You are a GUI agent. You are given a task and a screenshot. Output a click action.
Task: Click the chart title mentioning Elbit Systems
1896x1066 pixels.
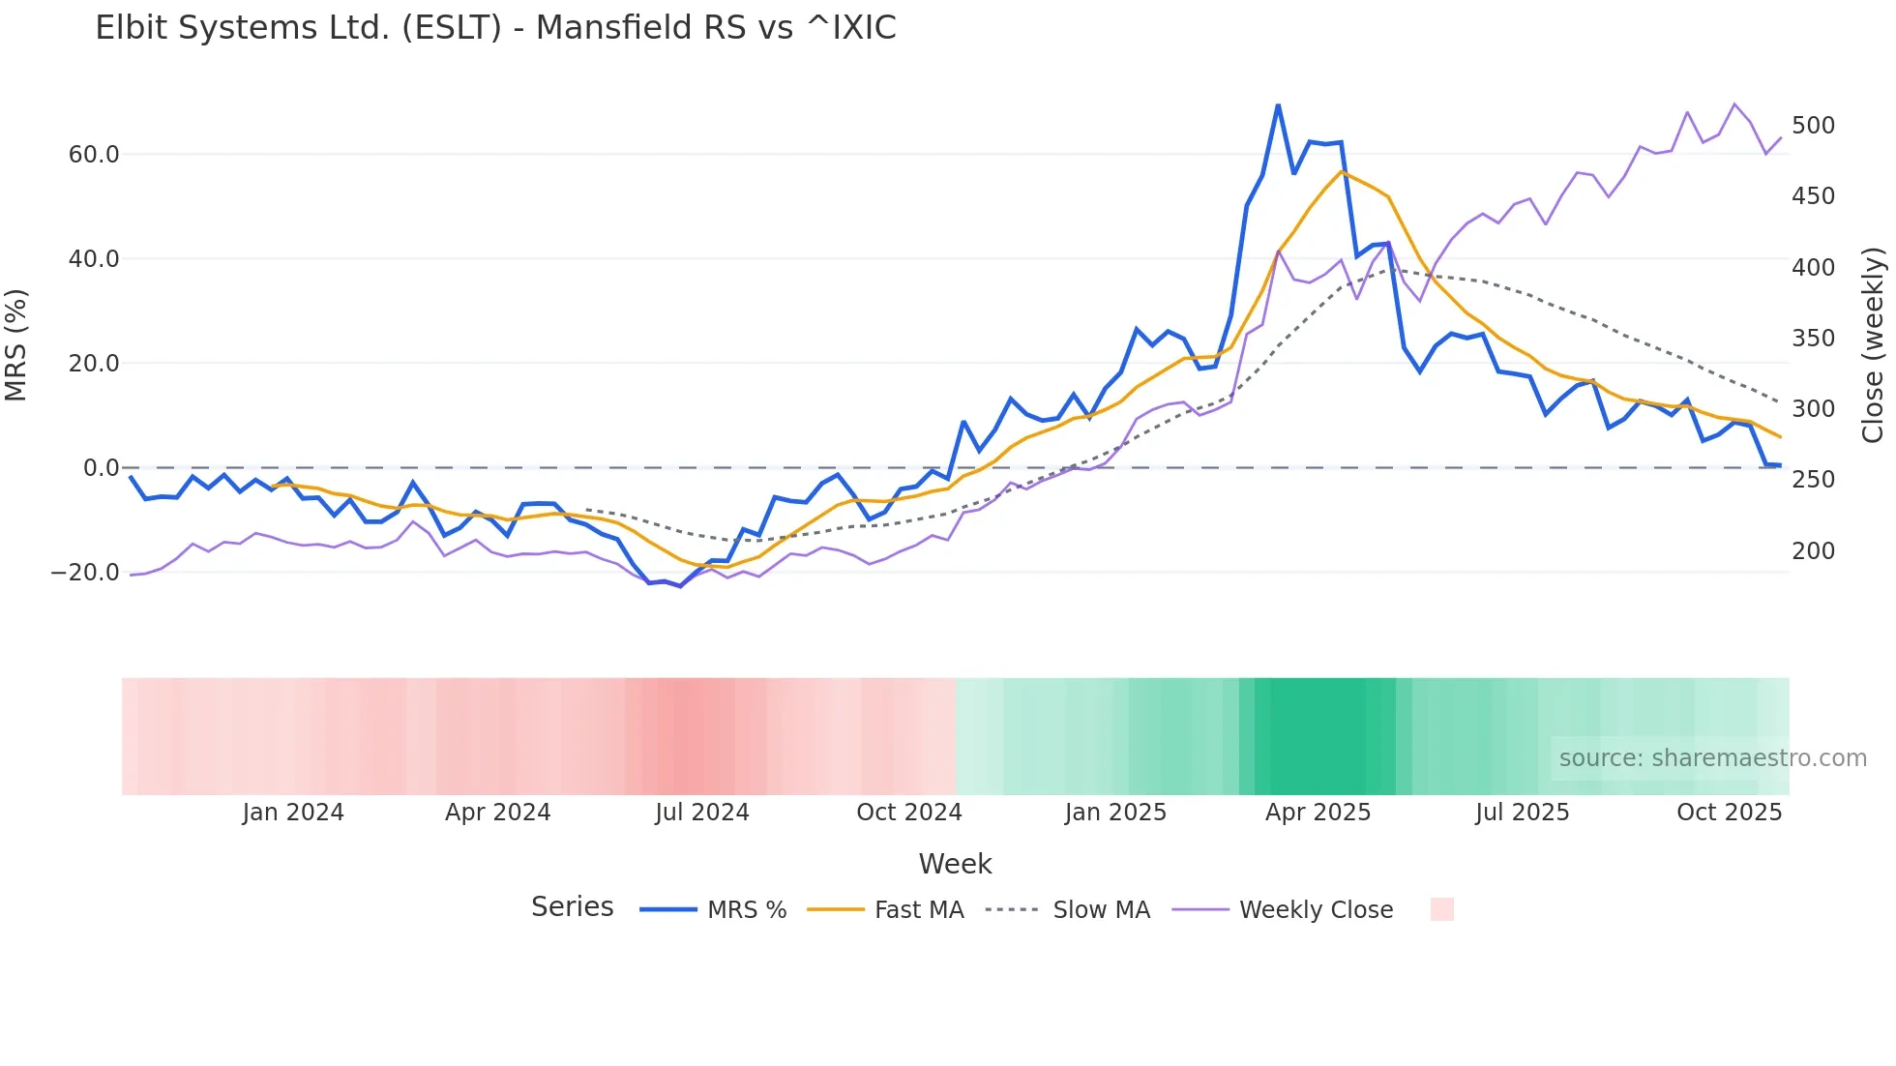tap(495, 28)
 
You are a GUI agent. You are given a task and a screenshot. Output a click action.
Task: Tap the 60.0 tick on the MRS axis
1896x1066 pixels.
tap(94, 155)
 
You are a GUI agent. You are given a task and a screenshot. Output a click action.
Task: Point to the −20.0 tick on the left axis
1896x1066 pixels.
tap(85, 573)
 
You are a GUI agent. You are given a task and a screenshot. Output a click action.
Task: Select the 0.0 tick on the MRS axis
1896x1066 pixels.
tap(101, 468)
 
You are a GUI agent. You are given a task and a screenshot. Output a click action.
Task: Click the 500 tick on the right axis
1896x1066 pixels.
tap(1813, 126)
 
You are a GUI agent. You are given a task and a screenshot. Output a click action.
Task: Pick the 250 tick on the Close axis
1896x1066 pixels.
tap(1813, 480)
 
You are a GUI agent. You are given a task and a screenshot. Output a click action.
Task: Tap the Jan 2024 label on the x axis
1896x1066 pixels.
tap(293, 813)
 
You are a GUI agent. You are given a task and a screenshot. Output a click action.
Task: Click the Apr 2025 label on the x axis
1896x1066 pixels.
tap(1318, 813)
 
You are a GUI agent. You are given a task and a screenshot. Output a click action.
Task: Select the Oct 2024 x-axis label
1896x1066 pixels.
tap(909, 813)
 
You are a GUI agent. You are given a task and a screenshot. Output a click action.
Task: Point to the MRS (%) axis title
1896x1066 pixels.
tap(16, 345)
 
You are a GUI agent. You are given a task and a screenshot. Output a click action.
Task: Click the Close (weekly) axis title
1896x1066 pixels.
tap(1873, 345)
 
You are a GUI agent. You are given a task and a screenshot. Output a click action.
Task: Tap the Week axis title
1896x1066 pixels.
tap(955, 864)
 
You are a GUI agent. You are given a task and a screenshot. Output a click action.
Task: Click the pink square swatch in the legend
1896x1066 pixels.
tap(1441, 909)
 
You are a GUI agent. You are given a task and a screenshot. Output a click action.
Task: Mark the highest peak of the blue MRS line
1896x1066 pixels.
tap(1278, 104)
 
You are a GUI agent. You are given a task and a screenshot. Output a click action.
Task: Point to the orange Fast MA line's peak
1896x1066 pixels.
tap(1342, 172)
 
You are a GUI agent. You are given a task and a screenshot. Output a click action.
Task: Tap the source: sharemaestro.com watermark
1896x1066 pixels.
tap(1712, 758)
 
